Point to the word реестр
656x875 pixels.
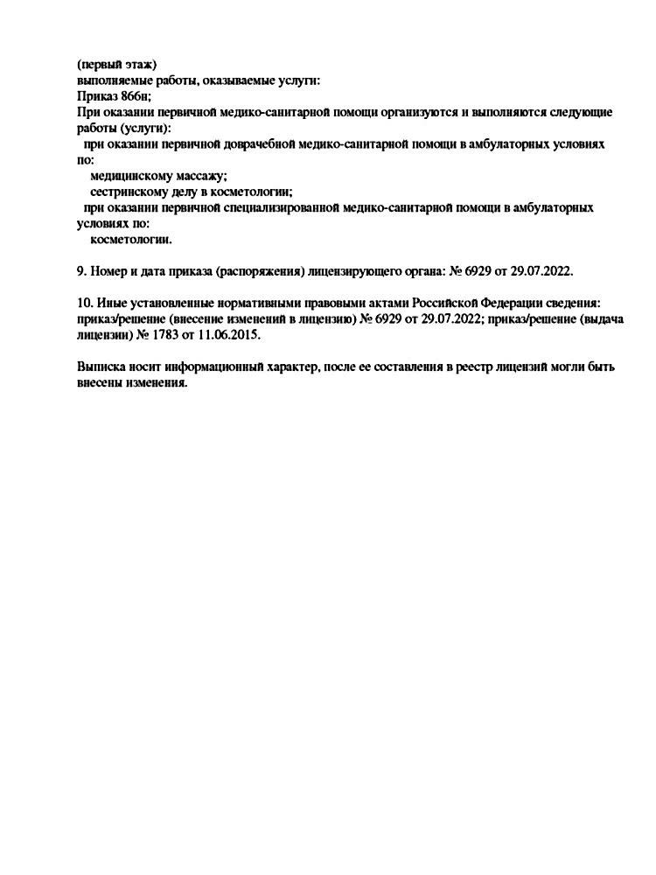467,367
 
